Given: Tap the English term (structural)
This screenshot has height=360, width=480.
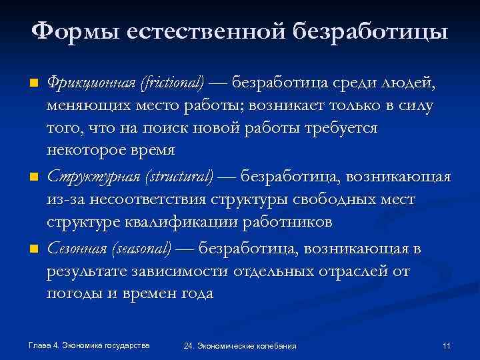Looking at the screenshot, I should click(177, 177).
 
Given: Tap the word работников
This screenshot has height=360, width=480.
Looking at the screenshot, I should click(294, 221).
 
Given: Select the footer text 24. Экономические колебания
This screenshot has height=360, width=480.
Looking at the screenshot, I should click(240, 346).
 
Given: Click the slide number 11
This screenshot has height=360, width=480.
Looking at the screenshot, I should click(447, 345).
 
